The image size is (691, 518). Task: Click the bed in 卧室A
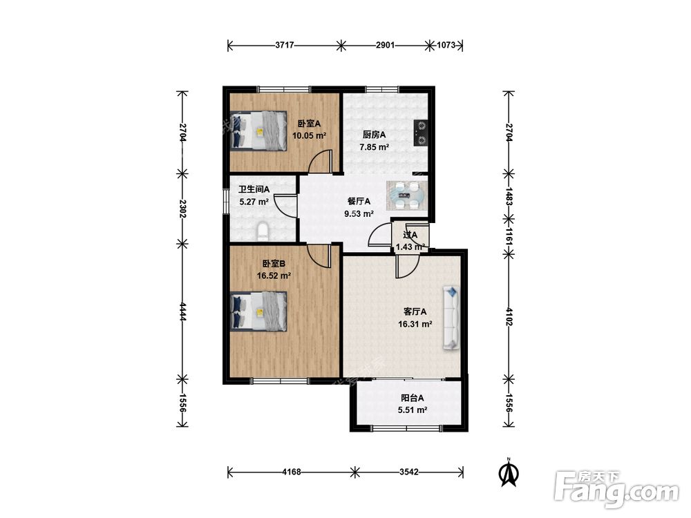click(258, 131)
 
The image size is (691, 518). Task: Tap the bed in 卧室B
click(258, 311)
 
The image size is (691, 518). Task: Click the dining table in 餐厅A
click(406, 195)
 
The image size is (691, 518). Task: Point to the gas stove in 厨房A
click(421, 133)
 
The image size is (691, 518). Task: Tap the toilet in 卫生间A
click(262, 231)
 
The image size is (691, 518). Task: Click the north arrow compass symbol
click(508, 472)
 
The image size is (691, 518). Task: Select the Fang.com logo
click(616, 489)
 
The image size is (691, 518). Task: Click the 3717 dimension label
click(285, 45)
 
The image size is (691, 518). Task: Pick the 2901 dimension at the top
click(385, 45)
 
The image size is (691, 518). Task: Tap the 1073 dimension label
click(446, 45)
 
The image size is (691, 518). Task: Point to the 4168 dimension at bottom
click(292, 472)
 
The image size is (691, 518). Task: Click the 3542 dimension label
click(409, 472)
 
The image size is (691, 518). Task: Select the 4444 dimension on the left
click(182, 311)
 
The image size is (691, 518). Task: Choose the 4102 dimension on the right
click(509, 317)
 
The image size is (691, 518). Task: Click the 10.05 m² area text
click(310, 135)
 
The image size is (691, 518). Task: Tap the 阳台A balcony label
click(413, 399)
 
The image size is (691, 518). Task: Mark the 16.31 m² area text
click(415, 324)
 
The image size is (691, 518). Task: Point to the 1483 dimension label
click(509, 196)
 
